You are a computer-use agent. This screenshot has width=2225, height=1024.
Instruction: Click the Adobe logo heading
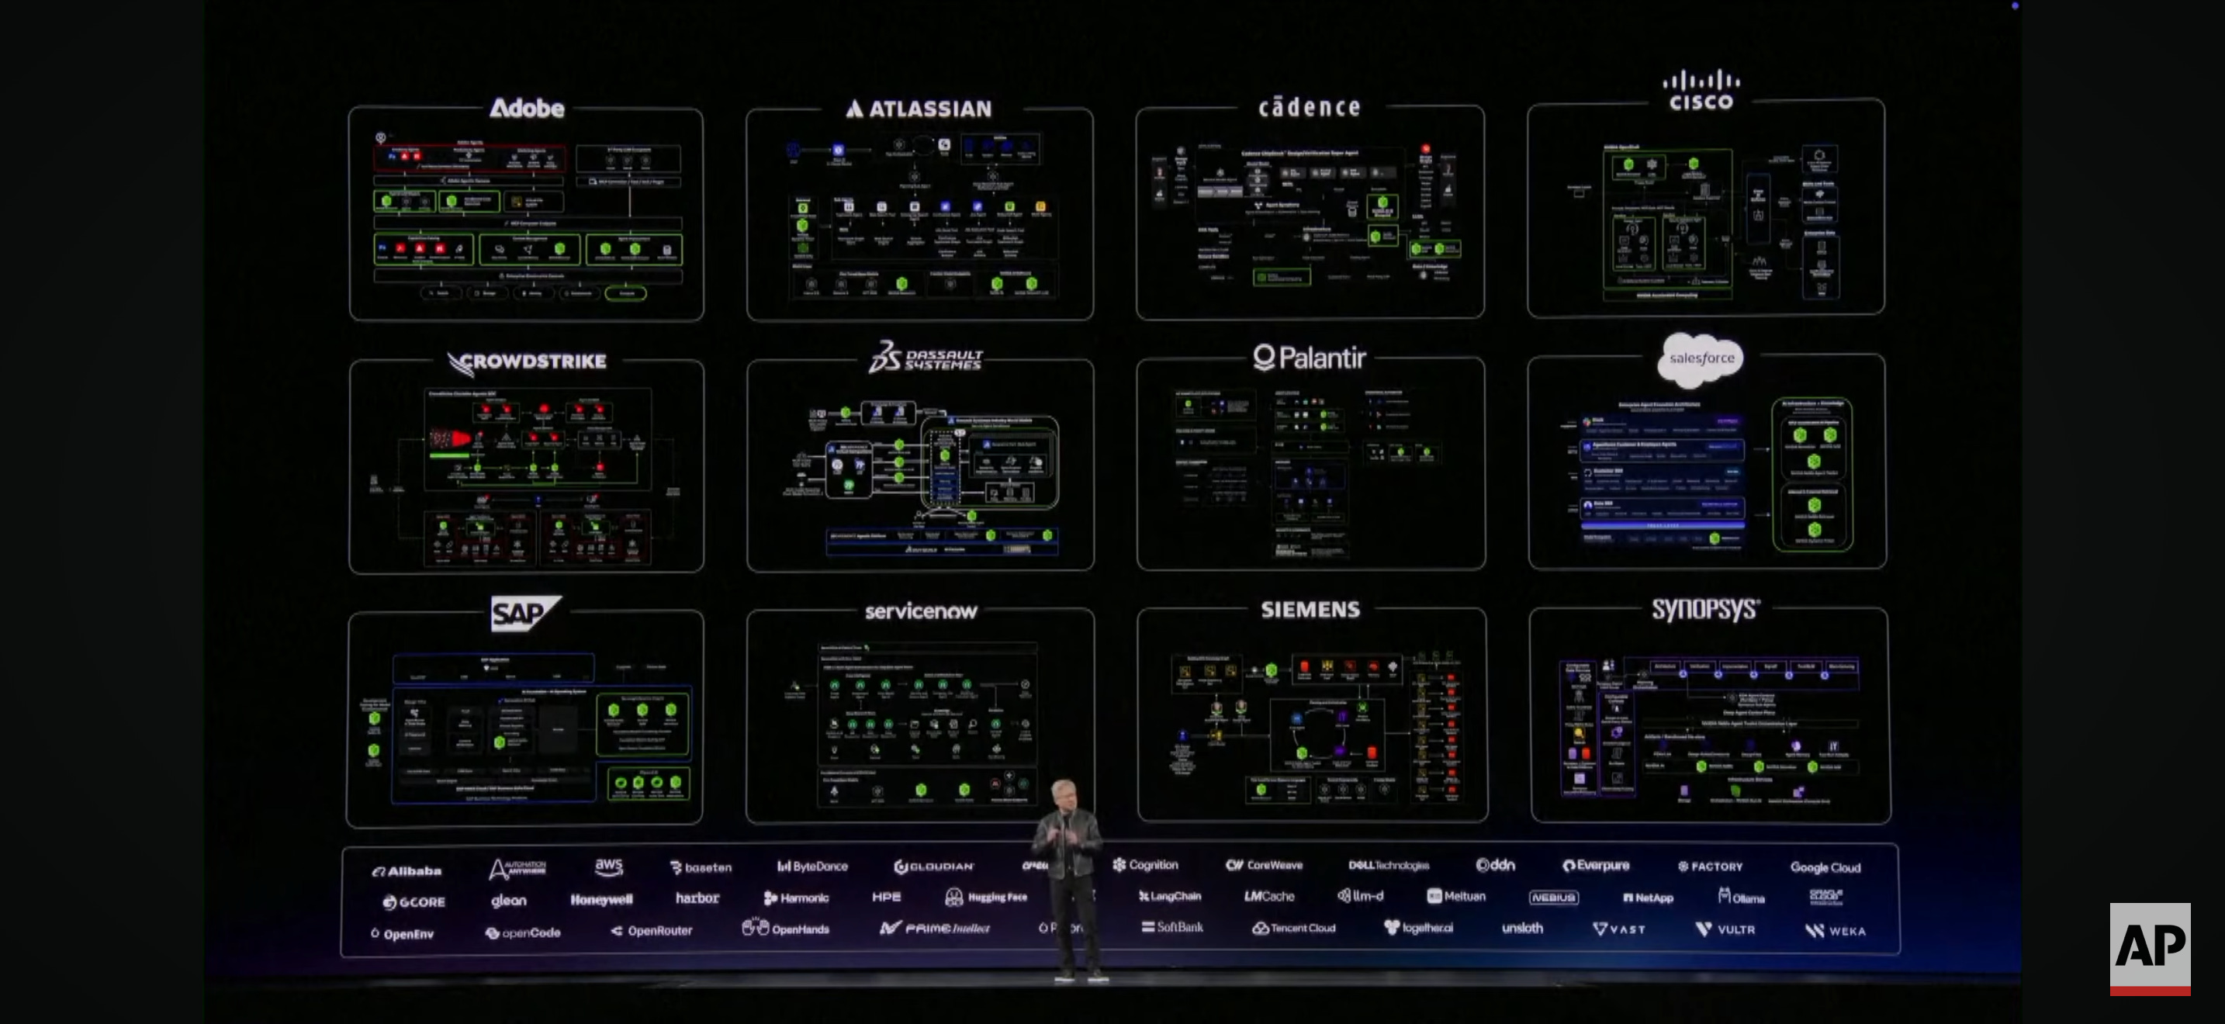[527, 108]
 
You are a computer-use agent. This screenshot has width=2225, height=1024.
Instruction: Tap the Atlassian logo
[919, 109]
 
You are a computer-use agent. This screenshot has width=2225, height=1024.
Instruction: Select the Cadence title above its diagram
[1309, 107]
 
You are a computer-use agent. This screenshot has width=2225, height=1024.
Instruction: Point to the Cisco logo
[1701, 91]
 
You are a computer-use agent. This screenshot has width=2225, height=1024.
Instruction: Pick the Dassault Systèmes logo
[925, 358]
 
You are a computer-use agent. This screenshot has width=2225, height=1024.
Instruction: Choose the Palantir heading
[1310, 358]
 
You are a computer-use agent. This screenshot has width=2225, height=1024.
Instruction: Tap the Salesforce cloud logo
[1701, 358]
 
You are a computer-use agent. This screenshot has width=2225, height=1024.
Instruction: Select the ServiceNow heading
[921, 611]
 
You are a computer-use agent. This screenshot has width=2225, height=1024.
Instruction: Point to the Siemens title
[1310, 610]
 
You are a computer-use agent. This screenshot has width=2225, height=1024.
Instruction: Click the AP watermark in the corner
[2149, 947]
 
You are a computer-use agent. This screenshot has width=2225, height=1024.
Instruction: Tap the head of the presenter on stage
[1064, 793]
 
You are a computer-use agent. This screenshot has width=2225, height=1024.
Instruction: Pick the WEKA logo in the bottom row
[1836, 930]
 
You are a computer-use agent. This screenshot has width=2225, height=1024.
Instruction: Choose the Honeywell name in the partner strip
[601, 900]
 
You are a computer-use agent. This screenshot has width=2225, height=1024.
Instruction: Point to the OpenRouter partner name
[652, 931]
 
